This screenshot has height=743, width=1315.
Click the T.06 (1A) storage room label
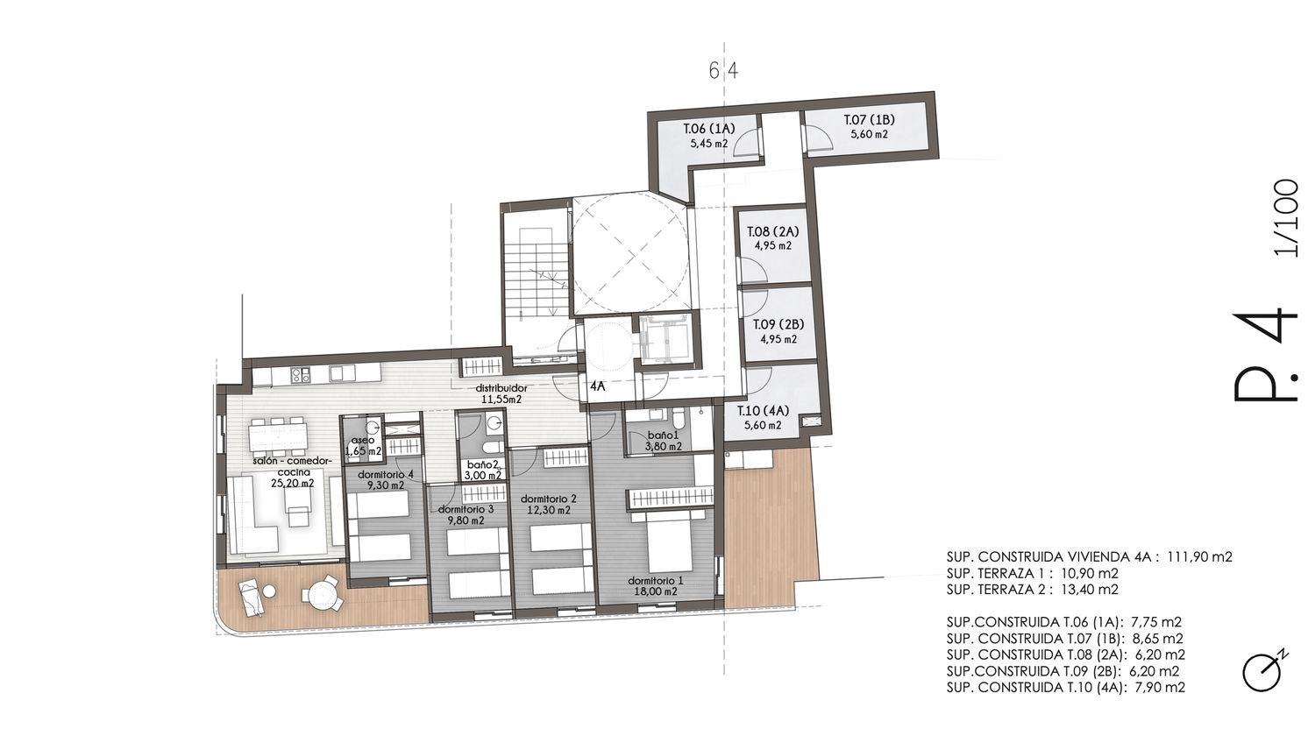point(709,129)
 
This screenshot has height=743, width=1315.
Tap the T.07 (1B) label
point(869,120)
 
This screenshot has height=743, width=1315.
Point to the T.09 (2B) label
point(778,324)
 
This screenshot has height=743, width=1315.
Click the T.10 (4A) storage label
point(764,411)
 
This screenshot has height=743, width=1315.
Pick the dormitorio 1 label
point(656,580)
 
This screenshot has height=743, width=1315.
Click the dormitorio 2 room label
point(548,499)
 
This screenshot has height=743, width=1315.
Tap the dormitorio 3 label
point(466,509)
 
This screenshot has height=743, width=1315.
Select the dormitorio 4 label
point(386,474)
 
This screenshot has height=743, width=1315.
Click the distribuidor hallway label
point(501,388)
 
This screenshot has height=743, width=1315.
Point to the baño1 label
point(664,435)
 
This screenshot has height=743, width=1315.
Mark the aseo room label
point(363,440)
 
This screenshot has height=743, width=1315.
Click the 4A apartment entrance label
point(598,386)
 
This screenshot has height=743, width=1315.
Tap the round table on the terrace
point(323,593)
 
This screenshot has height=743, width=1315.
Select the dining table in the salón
point(278,437)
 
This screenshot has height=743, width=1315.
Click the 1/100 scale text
point(1287,218)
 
